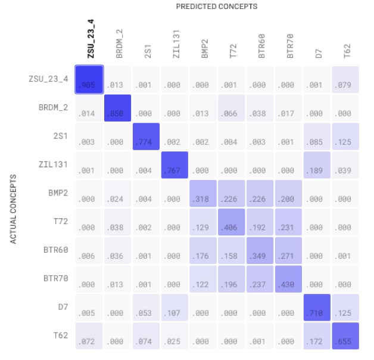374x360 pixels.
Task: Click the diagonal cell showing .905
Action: (x=89, y=79)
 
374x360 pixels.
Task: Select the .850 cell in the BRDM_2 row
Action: (x=118, y=108)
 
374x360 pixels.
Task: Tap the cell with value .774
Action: (x=147, y=136)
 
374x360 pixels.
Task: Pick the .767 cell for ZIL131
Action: (x=175, y=165)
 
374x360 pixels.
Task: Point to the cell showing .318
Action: (x=204, y=194)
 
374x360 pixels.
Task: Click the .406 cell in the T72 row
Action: (x=232, y=222)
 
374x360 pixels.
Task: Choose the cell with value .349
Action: (x=261, y=251)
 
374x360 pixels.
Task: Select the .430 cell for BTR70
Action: (x=289, y=280)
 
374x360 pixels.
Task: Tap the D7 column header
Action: (x=319, y=52)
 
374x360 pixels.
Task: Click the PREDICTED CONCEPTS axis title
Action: (x=216, y=6)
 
